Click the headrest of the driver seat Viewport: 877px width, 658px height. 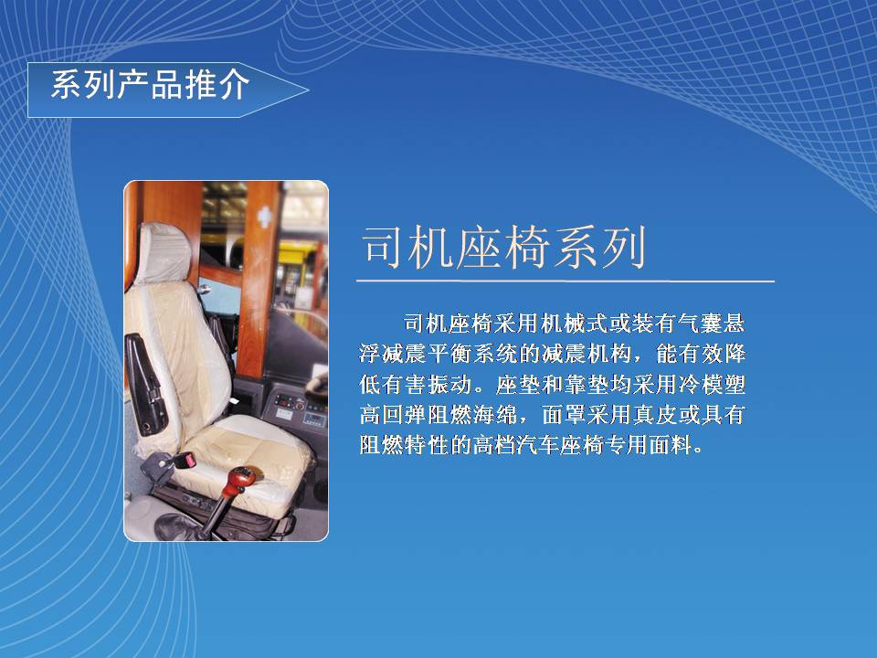pos(165,252)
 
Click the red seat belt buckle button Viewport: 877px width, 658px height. pos(188,461)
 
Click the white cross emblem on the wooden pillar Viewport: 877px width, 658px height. pos(264,217)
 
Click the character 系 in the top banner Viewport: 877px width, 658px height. pos(67,84)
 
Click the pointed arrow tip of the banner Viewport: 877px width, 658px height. pos(308,90)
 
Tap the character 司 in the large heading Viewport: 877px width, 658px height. pos(383,246)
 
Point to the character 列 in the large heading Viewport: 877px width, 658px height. pos(622,246)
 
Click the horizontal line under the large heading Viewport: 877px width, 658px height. pos(565,281)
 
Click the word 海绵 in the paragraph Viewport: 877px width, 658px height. pos(495,415)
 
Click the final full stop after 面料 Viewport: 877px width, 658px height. pos(698,450)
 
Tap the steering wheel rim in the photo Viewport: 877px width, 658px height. pos(318,386)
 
